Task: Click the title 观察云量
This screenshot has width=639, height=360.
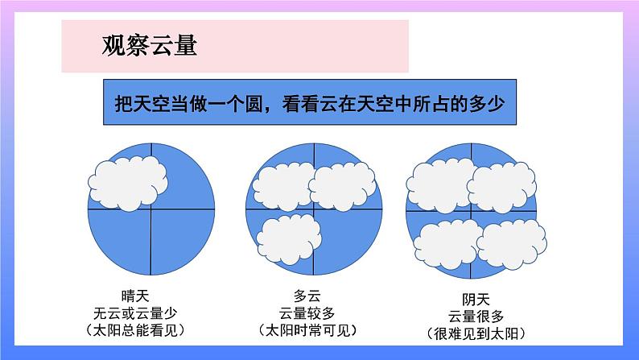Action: pos(150,45)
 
